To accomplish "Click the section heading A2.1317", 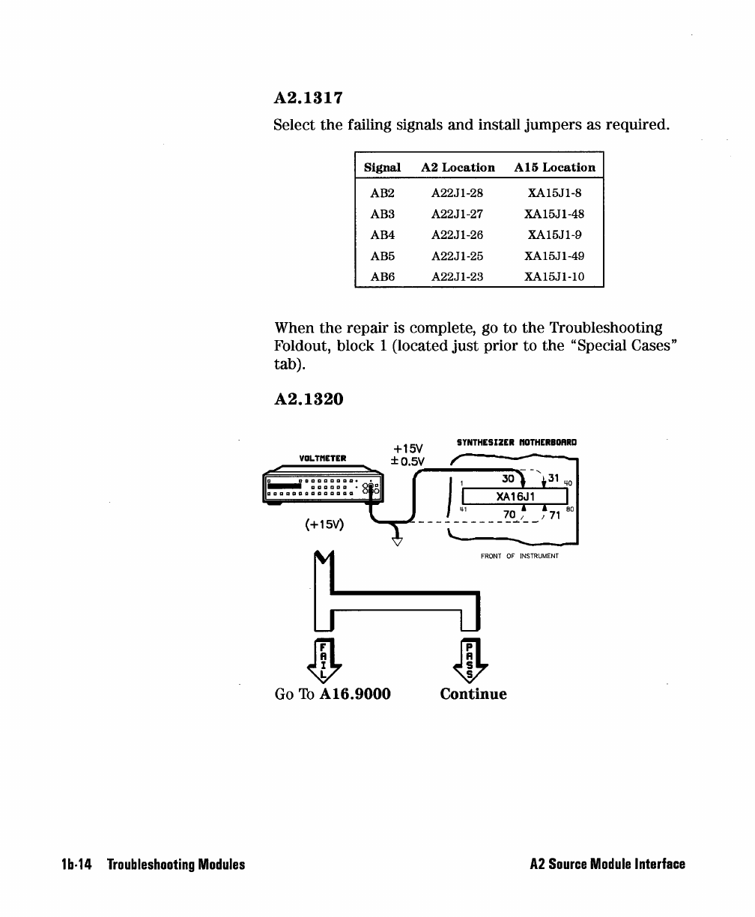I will click(309, 98).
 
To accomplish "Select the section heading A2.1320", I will click(309, 399).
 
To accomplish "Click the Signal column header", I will click(382, 168).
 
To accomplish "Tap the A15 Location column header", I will click(555, 168).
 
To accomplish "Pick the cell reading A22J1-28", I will click(457, 193).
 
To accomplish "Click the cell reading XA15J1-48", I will click(556, 214).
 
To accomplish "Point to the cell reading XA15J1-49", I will click(556, 255).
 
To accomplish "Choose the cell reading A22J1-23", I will click(457, 276).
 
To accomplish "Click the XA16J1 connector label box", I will click(516, 496).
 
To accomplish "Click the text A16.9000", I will click(355, 694).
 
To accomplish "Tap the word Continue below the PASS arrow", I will click(473, 694).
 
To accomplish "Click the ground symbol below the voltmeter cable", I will click(398, 535).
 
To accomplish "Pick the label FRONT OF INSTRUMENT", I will click(520, 557).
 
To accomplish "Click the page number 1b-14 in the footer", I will click(76, 865).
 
